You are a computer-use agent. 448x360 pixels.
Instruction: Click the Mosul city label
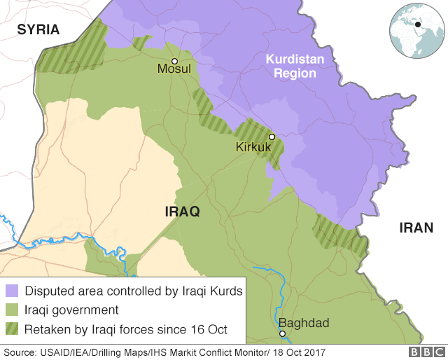[174, 69]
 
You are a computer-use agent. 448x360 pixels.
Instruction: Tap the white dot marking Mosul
[174, 61]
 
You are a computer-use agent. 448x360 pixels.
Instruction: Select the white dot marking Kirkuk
[272, 137]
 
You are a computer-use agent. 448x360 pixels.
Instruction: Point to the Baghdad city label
[303, 323]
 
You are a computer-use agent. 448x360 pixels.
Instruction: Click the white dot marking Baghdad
[282, 333]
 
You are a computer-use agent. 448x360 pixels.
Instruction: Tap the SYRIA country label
[38, 29]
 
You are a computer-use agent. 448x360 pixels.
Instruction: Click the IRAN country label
[416, 228]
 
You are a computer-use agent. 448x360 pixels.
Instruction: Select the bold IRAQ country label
[182, 212]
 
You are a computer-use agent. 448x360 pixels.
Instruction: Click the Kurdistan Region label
[295, 67]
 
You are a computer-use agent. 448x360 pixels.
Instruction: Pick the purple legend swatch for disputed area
[13, 291]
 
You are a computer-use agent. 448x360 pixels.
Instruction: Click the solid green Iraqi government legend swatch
[13, 310]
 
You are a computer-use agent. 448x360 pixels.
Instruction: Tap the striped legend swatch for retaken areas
[13, 328]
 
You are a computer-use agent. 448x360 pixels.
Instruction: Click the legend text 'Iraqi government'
[71, 310]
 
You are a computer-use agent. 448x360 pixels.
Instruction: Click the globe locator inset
[418, 29]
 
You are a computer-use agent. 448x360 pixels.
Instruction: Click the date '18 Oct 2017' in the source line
[295, 352]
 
